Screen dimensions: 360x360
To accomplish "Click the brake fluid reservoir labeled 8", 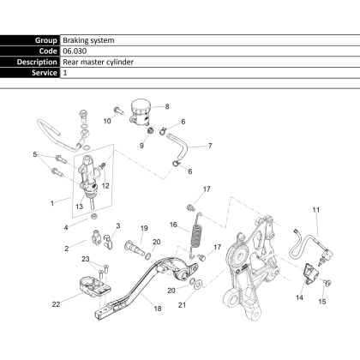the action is point(140,111).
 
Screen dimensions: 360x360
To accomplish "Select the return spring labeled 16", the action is point(196,238).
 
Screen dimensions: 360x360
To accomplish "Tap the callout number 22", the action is point(56,304).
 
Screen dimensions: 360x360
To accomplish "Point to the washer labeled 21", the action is point(198,285).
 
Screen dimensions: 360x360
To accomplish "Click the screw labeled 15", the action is point(327,283).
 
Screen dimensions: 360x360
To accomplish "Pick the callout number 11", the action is point(315,210).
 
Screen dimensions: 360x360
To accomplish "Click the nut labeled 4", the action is point(93,217).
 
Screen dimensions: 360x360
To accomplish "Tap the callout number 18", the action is point(158,309).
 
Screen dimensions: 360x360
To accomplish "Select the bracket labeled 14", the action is point(309,273).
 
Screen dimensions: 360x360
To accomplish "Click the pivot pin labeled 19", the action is point(135,248).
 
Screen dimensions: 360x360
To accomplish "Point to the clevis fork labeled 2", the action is point(96,237).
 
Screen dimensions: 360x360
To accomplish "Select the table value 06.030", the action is point(75,51).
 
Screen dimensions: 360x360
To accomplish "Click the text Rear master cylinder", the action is point(98,62).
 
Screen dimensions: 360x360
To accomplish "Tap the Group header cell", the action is point(30,40).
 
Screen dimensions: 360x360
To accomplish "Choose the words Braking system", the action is point(88,40).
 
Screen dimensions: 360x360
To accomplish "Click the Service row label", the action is point(30,73).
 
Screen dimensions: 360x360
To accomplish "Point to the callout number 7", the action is point(210,146).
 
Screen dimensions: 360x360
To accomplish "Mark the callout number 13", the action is point(79,207).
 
